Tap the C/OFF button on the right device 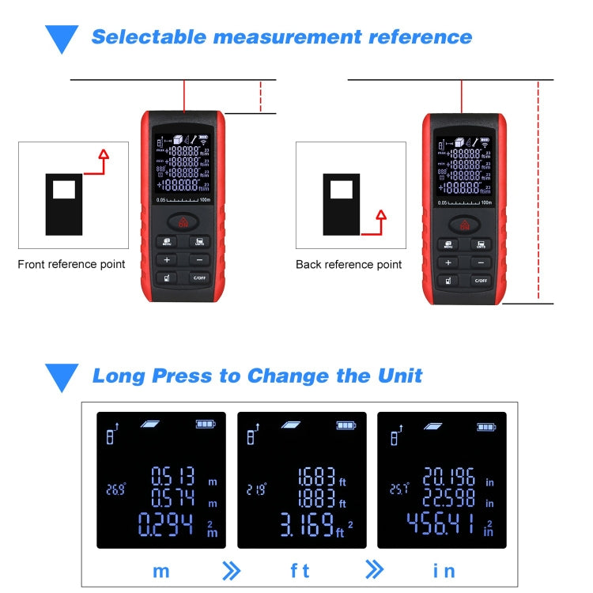[480, 280]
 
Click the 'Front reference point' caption [71, 264]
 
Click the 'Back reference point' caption [349, 265]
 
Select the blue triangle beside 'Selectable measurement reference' [62, 38]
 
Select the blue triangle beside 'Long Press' [62, 376]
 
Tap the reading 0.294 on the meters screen [166, 524]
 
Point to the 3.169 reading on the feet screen [307, 525]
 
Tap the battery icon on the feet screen [346, 425]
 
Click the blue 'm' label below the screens [161, 570]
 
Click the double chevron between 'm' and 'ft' [232, 570]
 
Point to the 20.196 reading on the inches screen [447, 477]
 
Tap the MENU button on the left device [167, 242]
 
